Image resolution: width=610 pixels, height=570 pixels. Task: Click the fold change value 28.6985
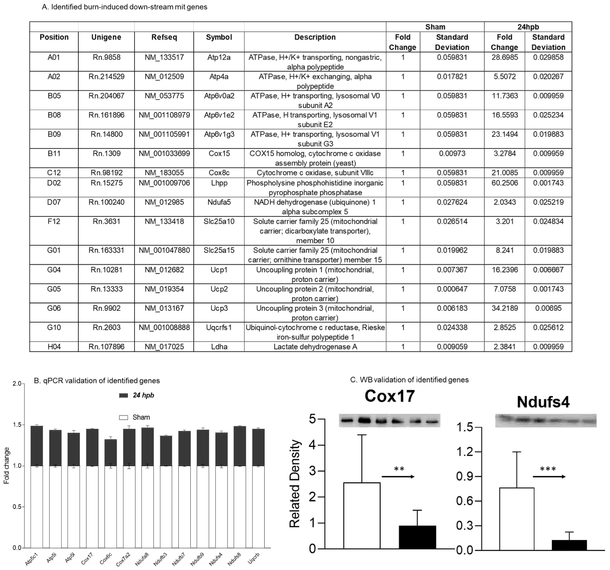pos(504,57)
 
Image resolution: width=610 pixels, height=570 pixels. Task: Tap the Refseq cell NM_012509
pos(164,77)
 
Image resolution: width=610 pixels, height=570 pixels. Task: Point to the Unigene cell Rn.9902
pos(107,308)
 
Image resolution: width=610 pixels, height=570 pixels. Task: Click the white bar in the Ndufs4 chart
pos(517,519)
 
